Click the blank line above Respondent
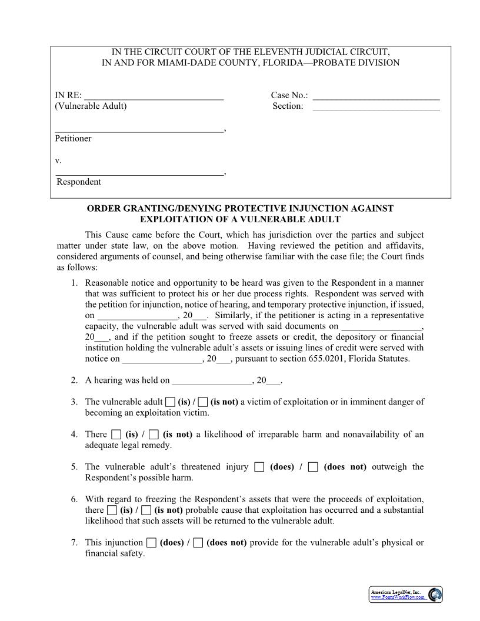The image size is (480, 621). pyautogui.click(x=139, y=173)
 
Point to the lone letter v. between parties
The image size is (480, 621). pyautogui.click(x=58, y=160)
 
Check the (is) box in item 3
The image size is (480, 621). pyautogui.click(x=170, y=402)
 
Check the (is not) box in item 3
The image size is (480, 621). pyautogui.click(x=203, y=402)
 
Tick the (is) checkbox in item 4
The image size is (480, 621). pyautogui.click(x=116, y=435)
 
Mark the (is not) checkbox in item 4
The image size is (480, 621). pyautogui.click(x=154, y=435)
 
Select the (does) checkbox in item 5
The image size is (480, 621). pyautogui.click(x=259, y=468)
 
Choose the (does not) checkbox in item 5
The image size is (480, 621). pyautogui.click(x=313, y=468)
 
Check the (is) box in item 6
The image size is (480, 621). pyautogui.click(x=112, y=510)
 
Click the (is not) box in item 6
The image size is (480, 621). pyautogui.click(x=146, y=510)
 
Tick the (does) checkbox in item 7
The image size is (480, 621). pyautogui.click(x=151, y=543)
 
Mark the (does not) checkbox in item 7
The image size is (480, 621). pyautogui.click(x=198, y=543)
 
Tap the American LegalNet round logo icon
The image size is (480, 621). pyautogui.click(x=435, y=595)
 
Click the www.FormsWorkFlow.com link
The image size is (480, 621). pyautogui.click(x=398, y=597)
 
